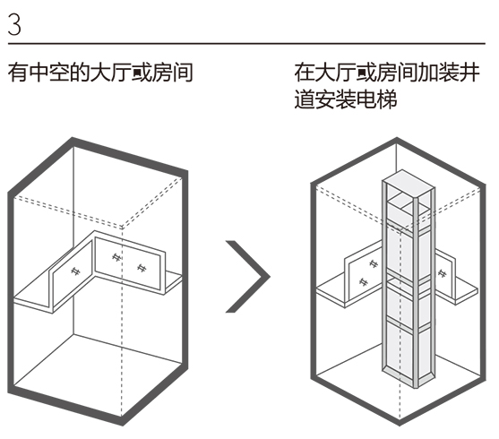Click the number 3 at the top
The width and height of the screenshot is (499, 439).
[14, 24]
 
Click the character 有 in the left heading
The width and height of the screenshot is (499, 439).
[18, 73]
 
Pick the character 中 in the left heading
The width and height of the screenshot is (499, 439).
[39, 73]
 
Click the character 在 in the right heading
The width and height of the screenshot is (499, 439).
[305, 73]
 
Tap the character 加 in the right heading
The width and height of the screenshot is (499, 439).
[428, 73]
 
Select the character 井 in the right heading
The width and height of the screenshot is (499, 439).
[470, 73]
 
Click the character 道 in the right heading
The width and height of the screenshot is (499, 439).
[305, 99]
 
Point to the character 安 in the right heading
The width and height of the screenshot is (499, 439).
[325, 99]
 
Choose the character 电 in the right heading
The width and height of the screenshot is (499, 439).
[366, 99]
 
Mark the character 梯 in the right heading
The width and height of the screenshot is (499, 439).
[387, 99]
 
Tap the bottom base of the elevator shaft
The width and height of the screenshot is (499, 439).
[409, 377]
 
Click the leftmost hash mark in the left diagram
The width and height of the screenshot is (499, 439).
[75, 271]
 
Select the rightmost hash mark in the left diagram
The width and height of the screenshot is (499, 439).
[142, 268]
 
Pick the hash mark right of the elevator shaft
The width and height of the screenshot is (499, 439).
[442, 273]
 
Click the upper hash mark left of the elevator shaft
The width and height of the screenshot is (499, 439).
[373, 263]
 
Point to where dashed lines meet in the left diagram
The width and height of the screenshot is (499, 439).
[122, 228]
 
